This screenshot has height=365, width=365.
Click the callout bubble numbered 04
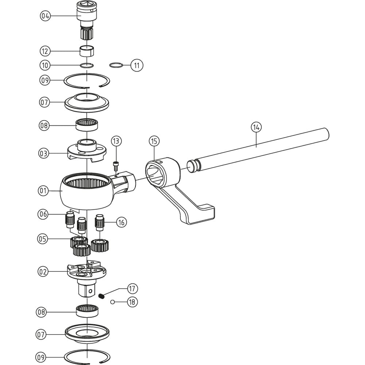point(45,16)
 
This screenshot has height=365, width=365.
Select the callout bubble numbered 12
point(45,51)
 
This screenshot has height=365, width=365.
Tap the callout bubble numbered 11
point(137,65)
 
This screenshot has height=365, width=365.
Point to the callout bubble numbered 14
point(256,127)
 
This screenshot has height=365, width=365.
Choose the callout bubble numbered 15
point(154,141)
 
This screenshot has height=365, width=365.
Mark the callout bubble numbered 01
point(43,191)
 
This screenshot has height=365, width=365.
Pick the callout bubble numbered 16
point(121,222)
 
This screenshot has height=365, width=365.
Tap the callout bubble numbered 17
point(132,289)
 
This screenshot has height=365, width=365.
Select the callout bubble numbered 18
point(132,302)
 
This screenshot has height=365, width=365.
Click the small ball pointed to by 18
point(113,302)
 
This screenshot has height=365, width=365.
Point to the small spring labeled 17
point(101,296)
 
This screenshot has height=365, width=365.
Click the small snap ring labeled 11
point(116,65)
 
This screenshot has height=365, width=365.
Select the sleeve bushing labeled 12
point(87,51)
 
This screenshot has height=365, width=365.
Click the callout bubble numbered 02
point(43,272)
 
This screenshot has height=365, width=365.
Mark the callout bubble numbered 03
point(44,154)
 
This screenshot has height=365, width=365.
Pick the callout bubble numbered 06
point(43,214)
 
